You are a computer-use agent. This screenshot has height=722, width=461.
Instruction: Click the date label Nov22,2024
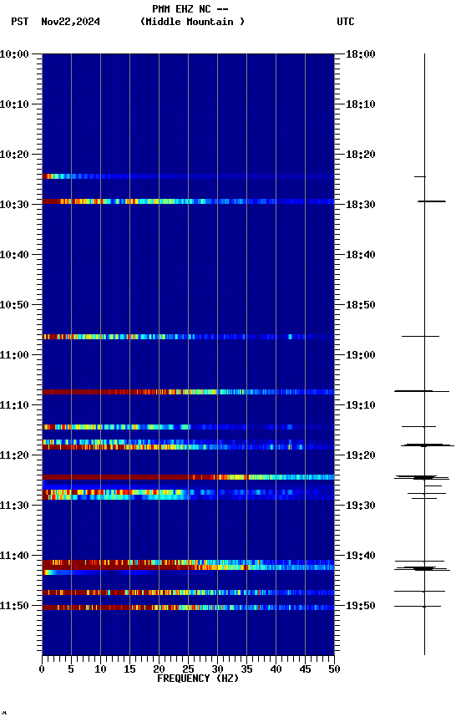70,22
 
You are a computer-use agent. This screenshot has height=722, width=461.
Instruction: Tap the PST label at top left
21,22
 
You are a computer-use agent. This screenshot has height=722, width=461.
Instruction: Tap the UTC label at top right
346,22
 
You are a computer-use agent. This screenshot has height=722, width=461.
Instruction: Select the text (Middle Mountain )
193,22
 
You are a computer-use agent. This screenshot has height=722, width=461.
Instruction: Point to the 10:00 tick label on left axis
16,54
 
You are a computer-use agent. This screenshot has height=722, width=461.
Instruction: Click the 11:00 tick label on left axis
16,355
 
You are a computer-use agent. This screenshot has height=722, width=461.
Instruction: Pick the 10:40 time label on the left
16,255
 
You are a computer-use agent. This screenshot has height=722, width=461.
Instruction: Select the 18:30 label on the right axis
360,205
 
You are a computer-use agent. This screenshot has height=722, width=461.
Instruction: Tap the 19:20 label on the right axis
360,455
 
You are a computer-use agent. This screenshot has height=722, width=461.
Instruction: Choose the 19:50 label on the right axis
360,606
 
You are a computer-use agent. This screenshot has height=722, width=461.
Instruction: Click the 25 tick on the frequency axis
188,669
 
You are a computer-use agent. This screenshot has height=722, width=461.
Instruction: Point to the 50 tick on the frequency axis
333,669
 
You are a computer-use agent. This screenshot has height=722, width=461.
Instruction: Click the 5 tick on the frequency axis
71,669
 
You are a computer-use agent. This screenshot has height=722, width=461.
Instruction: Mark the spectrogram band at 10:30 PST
188,201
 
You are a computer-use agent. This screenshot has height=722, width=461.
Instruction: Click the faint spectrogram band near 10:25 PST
188,176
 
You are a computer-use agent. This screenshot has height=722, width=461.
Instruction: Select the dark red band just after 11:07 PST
188,391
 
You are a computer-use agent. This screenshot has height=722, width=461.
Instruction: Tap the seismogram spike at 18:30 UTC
431,201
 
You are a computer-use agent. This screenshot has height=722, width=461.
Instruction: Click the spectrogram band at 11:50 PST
188,608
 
